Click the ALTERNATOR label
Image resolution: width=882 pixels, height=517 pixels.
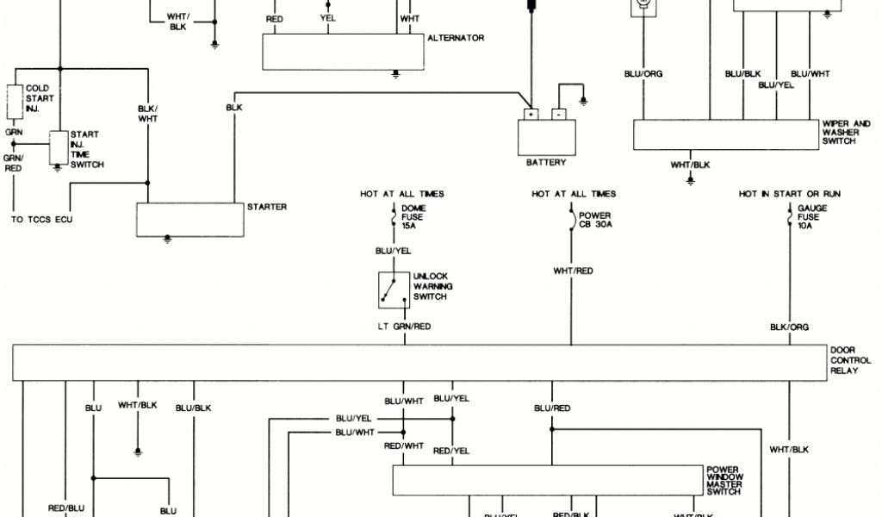coord(456,39)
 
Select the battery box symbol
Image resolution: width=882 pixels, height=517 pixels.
coord(546,135)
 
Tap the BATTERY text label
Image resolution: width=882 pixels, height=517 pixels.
coord(546,163)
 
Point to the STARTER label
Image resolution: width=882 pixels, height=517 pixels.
coord(266,207)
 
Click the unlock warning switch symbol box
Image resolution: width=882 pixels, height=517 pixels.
coord(394,290)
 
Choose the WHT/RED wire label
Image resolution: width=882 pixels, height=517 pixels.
coord(573,271)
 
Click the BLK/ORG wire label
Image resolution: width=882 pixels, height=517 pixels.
coord(789,327)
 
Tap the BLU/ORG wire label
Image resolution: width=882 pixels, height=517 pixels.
coord(643,74)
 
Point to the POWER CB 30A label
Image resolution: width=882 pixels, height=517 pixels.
coord(595,221)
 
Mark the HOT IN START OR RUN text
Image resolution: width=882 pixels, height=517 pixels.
coord(789,194)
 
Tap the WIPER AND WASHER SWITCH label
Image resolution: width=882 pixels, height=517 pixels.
coord(846,132)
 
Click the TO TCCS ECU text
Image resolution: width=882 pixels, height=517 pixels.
coord(42,220)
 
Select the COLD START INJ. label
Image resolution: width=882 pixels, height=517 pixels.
coord(40,98)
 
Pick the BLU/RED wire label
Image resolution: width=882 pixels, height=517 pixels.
coord(552,408)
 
